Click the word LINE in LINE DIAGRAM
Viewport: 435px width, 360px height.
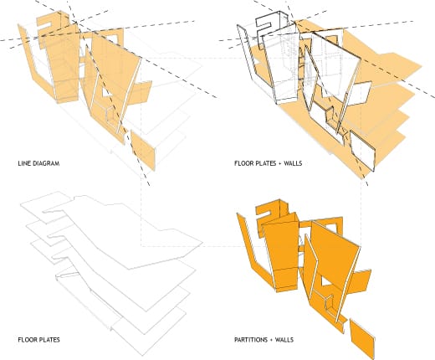click(24, 163)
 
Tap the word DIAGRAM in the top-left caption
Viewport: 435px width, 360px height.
click(46, 163)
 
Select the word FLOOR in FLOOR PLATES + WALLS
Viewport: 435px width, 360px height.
click(243, 163)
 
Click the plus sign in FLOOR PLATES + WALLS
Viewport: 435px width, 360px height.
click(279, 163)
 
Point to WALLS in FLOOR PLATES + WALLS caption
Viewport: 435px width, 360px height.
click(293, 163)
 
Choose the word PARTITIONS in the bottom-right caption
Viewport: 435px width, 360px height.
click(251, 340)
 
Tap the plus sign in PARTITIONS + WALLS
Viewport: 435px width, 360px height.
click(271, 340)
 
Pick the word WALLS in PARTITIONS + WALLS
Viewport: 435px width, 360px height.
click(284, 340)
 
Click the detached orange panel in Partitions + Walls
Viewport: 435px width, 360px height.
click(362, 339)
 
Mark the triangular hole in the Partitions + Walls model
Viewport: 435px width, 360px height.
click(325, 281)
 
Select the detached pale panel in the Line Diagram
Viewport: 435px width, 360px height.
click(143, 151)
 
